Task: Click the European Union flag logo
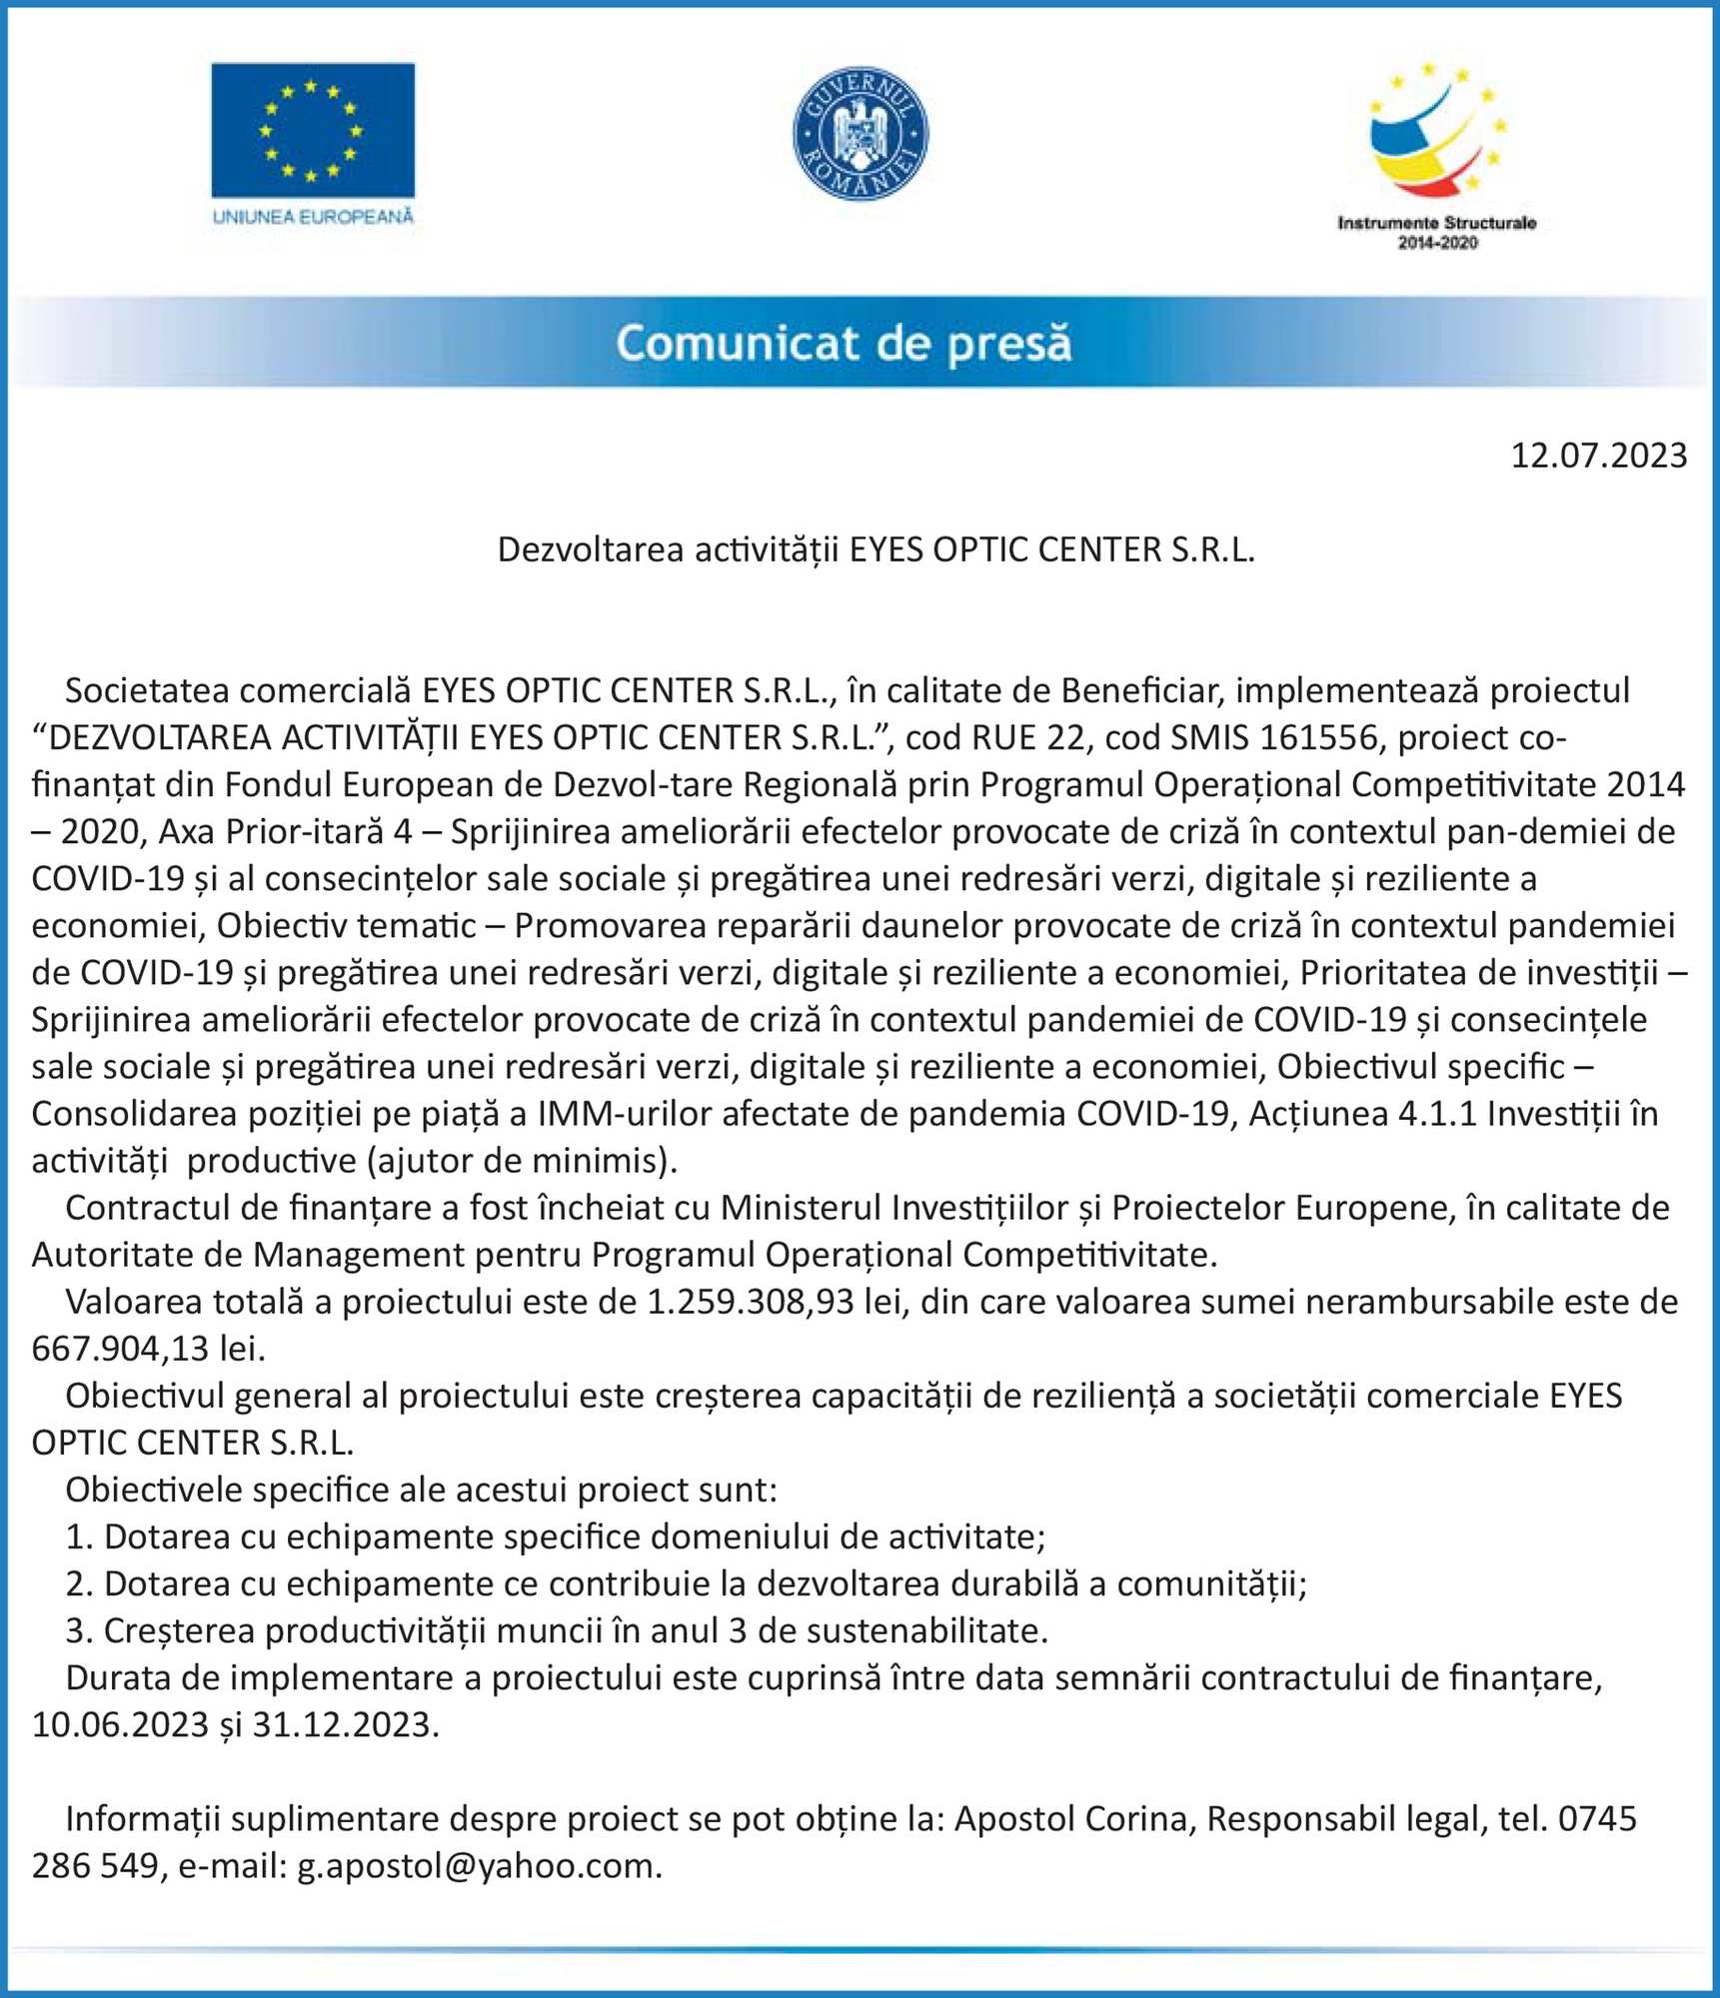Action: (313, 131)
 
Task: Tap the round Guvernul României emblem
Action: (860, 134)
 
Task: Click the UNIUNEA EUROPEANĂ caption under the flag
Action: (313, 217)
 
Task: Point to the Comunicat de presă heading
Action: (844, 343)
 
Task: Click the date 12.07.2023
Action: (1598, 456)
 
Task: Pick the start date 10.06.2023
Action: (120, 1725)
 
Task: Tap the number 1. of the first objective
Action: (79, 1536)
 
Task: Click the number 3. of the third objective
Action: (79, 1631)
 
